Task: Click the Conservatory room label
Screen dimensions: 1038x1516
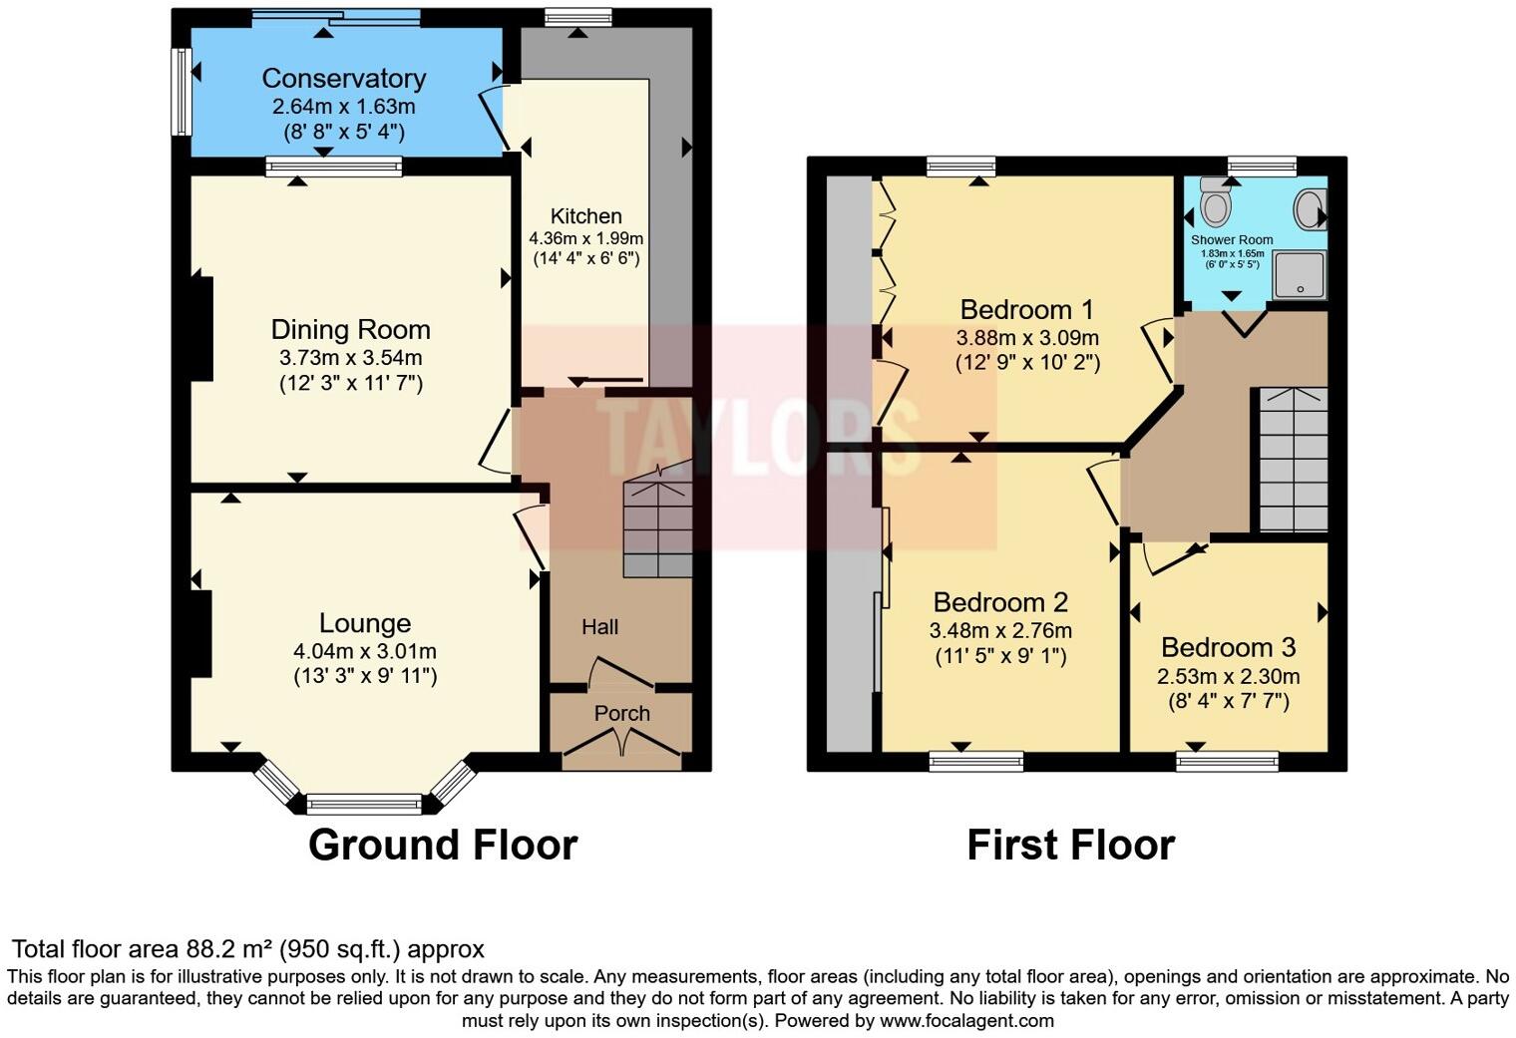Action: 344,78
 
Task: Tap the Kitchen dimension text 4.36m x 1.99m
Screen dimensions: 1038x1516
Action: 585,238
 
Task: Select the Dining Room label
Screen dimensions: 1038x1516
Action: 351,329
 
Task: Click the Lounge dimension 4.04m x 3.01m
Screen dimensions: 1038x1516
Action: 365,651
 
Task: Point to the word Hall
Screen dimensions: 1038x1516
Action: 600,626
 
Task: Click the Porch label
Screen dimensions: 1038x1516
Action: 622,713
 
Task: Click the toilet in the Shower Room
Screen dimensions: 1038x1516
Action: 1215,203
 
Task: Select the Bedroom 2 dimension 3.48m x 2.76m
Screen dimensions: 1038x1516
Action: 1000,630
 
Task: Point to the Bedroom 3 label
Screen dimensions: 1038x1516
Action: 1229,647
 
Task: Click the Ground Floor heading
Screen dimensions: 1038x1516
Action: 443,845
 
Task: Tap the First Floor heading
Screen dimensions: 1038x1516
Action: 1070,845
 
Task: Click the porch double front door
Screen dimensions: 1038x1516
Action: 622,743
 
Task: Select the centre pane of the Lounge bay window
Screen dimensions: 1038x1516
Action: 364,803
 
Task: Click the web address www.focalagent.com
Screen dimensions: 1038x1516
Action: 966,1020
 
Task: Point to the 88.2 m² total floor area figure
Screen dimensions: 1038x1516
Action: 230,948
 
